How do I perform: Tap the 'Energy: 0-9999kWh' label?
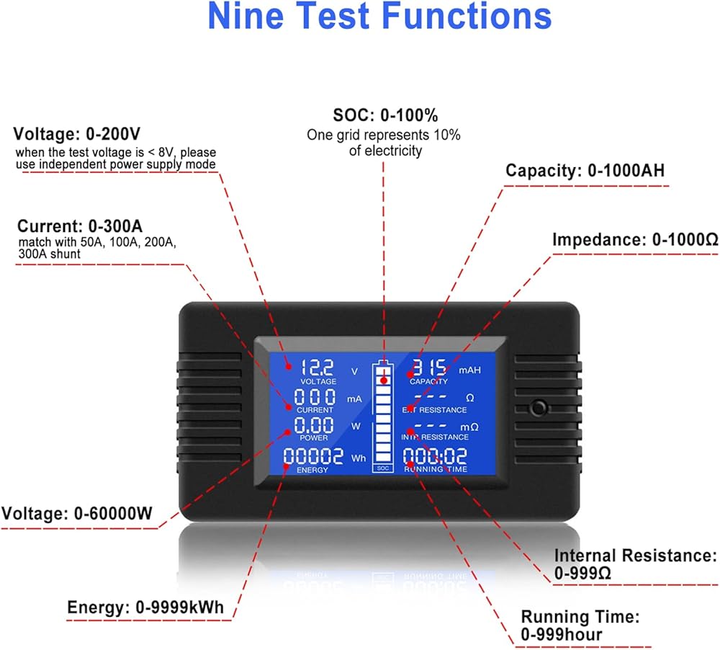(145, 607)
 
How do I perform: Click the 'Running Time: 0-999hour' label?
(580, 625)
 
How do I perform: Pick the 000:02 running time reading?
(435, 456)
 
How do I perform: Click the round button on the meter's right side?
(536, 409)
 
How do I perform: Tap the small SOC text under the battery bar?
(383, 468)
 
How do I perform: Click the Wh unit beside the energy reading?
(359, 458)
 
